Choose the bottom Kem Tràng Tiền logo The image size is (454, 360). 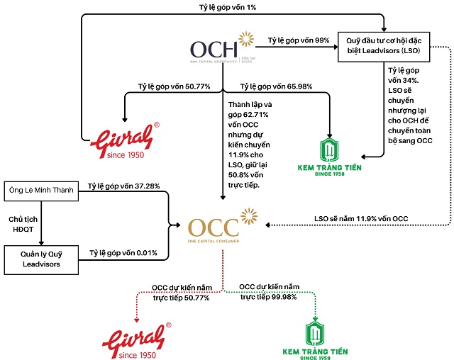pos(314,340)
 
